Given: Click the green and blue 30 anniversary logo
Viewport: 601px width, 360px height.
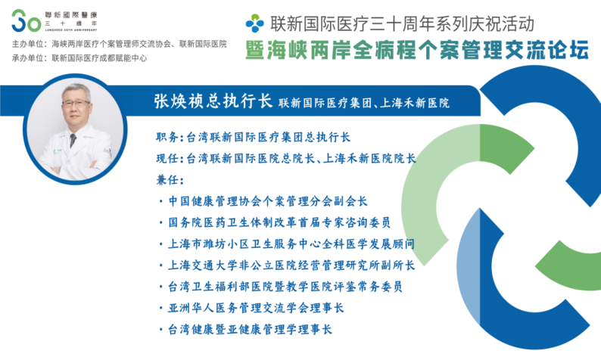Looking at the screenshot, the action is coord(26,21).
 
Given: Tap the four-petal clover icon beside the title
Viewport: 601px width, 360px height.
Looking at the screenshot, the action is coord(254,23).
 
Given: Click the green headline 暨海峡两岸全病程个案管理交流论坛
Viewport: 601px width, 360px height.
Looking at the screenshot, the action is coord(416,50).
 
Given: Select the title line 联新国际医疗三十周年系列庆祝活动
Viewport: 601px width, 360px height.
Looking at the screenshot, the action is coord(402,23).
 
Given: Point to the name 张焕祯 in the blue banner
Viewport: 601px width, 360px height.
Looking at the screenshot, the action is coord(179,101).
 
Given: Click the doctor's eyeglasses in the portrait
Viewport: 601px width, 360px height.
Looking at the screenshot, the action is coord(76,104).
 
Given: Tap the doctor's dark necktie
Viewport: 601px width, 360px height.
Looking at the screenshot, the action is coord(73,140).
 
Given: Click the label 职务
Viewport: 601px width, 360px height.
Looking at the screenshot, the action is coord(167,137).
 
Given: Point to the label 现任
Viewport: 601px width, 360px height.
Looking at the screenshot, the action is coord(167,158).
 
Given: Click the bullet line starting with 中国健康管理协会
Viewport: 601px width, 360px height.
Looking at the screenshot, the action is coord(263,201).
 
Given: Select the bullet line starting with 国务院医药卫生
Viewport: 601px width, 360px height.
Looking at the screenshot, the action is coord(275,222).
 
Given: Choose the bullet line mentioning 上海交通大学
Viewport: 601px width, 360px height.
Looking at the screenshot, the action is coord(287,265).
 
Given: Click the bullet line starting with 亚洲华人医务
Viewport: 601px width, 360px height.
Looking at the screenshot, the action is coord(251,308).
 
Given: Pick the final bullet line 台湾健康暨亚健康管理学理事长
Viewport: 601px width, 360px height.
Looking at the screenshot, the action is coord(245,329).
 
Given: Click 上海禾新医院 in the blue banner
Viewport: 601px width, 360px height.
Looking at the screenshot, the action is coord(415,103).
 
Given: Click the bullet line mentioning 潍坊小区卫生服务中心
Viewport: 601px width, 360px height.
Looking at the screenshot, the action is coord(287,244).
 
